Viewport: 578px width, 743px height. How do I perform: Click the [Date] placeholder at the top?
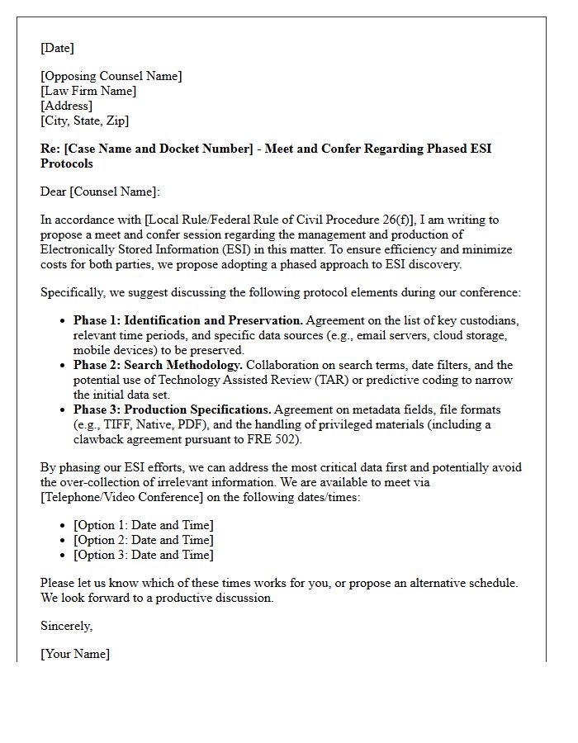tap(57, 48)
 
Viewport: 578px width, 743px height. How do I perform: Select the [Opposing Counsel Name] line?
tap(111, 76)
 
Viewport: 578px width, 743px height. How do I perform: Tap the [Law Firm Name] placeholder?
tap(88, 91)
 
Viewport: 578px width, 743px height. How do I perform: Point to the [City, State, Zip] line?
tap(84, 121)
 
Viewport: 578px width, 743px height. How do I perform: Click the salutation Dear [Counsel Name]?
tap(100, 192)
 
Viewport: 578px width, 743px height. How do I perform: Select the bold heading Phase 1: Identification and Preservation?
tap(188, 320)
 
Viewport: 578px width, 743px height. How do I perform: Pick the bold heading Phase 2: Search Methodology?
tap(158, 365)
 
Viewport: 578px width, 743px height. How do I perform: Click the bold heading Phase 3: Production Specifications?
tap(172, 409)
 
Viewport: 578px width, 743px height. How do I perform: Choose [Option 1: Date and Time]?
tap(143, 525)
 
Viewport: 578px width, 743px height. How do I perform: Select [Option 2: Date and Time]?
tap(143, 540)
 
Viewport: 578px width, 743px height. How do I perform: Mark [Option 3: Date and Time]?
tap(143, 555)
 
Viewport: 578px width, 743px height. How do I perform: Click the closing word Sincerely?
tap(66, 626)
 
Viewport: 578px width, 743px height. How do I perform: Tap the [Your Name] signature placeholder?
tap(74, 654)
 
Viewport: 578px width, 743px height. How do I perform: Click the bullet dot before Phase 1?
tap(64, 321)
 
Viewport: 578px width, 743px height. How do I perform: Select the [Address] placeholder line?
tap(66, 106)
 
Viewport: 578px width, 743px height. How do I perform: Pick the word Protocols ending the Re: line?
tap(66, 163)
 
